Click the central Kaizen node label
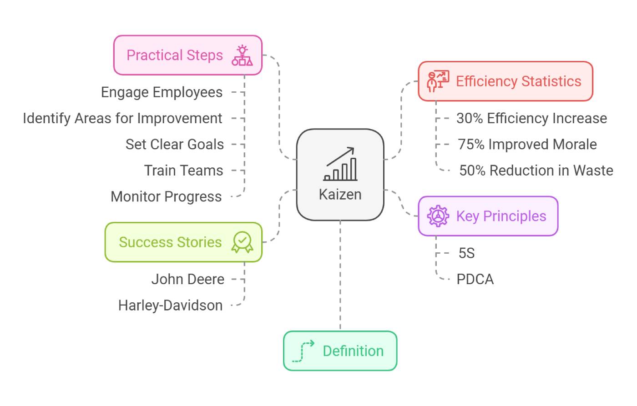click(x=340, y=195)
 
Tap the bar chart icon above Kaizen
click(x=341, y=165)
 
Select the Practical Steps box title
click(x=175, y=55)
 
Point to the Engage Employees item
click(x=162, y=92)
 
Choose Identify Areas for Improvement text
click(x=122, y=118)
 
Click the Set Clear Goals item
click(x=175, y=144)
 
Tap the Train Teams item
click(x=183, y=170)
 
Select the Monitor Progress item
click(x=166, y=196)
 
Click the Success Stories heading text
click(x=170, y=242)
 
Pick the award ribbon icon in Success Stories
click(x=242, y=242)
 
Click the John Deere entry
click(x=187, y=279)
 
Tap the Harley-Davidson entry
click(x=170, y=305)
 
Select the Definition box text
click(x=353, y=351)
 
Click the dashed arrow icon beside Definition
click(x=303, y=351)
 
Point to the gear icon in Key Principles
click(x=438, y=216)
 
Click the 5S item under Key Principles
click(x=466, y=253)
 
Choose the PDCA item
click(x=475, y=279)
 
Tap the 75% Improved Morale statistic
click(x=527, y=144)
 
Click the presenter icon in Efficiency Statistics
click(x=437, y=81)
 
